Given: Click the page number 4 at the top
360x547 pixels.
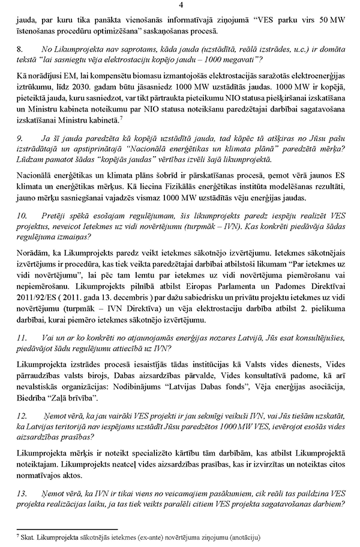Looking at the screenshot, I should click(x=181, y=5).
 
